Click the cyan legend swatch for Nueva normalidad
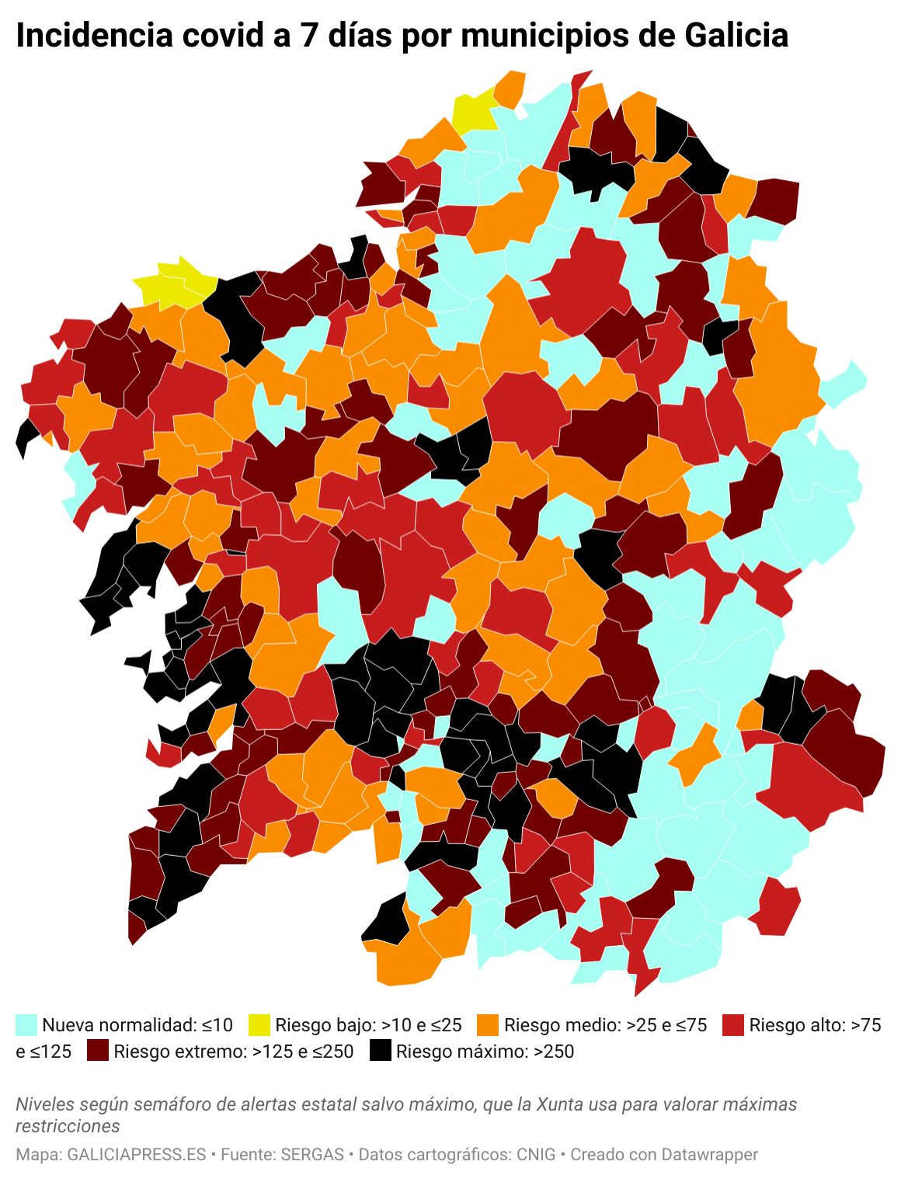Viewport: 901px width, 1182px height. click(x=26, y=1025)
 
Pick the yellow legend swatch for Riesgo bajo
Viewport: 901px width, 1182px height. click(x=259, y=1025)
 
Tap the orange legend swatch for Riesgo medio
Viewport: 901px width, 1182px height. click(x=488, y=1025)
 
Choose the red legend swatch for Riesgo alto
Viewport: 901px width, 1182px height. click(x=733, y=1025)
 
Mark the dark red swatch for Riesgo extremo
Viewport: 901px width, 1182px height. click(x=98, y=1052)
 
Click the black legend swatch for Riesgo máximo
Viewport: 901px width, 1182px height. click(x=380, y=1052)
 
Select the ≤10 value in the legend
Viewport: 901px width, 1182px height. click(x=217, y=1025)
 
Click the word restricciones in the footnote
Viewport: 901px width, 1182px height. click(x=68, y=1126)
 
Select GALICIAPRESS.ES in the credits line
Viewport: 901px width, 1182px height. click(x=137, y=1155)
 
